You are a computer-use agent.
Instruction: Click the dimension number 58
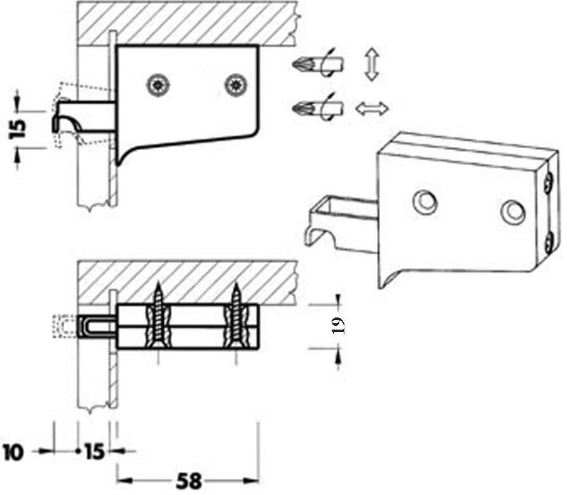(x=188, y=481)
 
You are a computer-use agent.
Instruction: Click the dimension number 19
(x=338, y=325)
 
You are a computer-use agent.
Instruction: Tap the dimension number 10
(x=13, y=452)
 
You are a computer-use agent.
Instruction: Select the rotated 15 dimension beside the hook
(x=18, y=128)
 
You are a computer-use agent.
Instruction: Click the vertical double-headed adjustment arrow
(x=372, y=65)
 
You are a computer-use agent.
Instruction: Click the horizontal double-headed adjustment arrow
(x=372, y=109)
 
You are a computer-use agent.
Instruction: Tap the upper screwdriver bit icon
(x=318, y=65)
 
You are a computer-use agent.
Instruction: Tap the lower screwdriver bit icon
(x=318, y=107)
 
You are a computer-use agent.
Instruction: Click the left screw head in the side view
(x=158, y=86)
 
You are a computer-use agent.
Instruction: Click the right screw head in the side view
(x=237, y=86)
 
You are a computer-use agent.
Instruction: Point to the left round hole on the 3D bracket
(x=425, y=201)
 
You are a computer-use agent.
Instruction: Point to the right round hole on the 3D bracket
(x=513, y=212)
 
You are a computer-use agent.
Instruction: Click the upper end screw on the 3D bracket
(x=549, y=181)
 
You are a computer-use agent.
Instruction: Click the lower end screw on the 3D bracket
(x=550, y=243)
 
